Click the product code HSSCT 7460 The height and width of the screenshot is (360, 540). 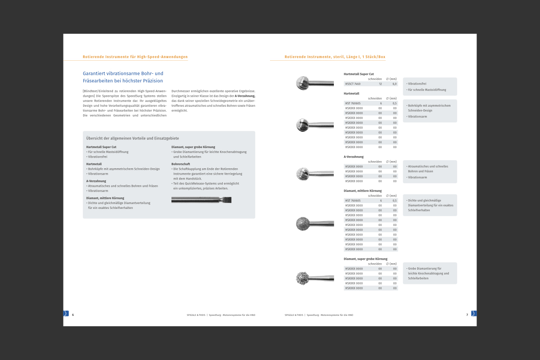point(353,84)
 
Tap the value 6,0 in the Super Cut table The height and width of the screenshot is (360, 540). point(395,84)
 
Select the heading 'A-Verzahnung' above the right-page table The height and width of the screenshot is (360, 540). point(354,157)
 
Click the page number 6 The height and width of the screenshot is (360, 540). point(73,315)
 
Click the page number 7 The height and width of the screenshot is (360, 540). point(467,315)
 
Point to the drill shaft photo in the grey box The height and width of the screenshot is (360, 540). point(201,200)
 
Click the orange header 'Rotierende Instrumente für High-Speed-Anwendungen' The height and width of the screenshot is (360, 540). point(135,57)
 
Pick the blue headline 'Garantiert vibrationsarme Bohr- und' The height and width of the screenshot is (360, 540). point(123,73)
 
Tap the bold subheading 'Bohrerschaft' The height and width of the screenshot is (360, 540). point(180,164)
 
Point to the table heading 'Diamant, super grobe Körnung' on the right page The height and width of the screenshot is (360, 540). point(365,259)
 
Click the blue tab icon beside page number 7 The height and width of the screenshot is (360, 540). point(474,313)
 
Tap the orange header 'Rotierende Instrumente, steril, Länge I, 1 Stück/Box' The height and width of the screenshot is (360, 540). point(335,57)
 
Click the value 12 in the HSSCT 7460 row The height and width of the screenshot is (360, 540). point(380,84)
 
